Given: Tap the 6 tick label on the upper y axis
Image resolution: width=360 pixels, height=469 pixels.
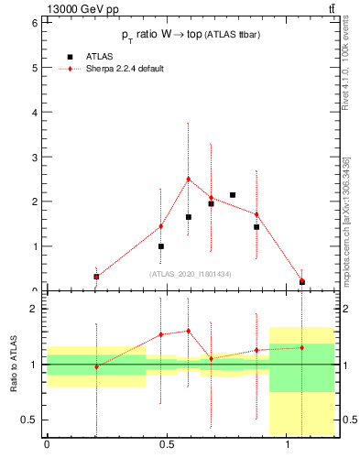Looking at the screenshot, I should tap(34, 22).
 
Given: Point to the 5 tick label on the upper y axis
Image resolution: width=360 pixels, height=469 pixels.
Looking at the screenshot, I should tap(34, 67).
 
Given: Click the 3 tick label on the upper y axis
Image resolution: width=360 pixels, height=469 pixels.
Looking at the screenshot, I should tap(34, 157).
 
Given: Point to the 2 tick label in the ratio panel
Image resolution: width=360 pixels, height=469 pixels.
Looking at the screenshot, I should tap(34, 309).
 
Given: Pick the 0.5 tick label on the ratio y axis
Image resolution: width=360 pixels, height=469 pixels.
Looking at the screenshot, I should tap(30, 420).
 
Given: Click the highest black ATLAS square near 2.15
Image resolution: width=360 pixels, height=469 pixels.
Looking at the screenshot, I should tap(233, 195).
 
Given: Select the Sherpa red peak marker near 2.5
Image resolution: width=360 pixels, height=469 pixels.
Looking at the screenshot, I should tap(188, 180).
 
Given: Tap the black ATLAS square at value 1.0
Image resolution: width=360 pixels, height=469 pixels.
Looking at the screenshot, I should tap(161, 246).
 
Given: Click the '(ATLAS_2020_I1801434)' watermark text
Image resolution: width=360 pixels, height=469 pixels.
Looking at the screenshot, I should tap(190, 274).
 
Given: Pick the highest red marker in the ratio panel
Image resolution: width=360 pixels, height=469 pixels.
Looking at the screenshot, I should tap(188, 331).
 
